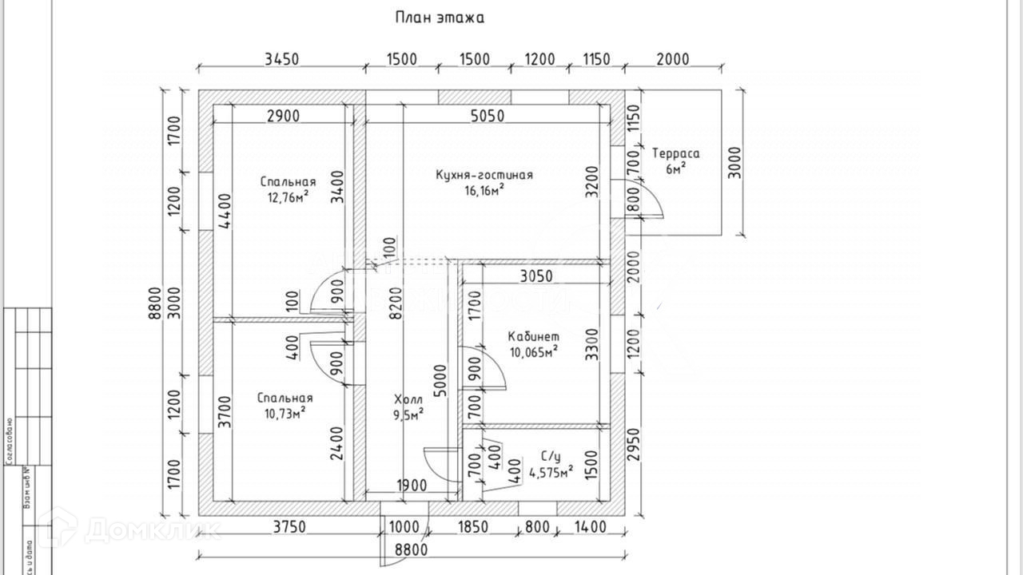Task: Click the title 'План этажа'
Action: coord(439,17)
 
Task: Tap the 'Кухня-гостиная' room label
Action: coord(484,175)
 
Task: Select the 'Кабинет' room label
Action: coord(534,336)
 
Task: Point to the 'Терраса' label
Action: coord(675,153)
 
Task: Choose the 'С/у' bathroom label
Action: coord(551,456)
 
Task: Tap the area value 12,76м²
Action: coord(289,196)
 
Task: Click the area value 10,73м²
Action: coord(285,412)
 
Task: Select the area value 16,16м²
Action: coord(484,190)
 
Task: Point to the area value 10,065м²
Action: coord(533,351)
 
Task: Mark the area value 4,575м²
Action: coord(550,472)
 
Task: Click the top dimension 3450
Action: coord(281,59)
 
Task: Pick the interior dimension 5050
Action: coord(487,116)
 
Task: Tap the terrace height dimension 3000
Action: coord(735,163)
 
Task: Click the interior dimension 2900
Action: coord(282,116)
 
